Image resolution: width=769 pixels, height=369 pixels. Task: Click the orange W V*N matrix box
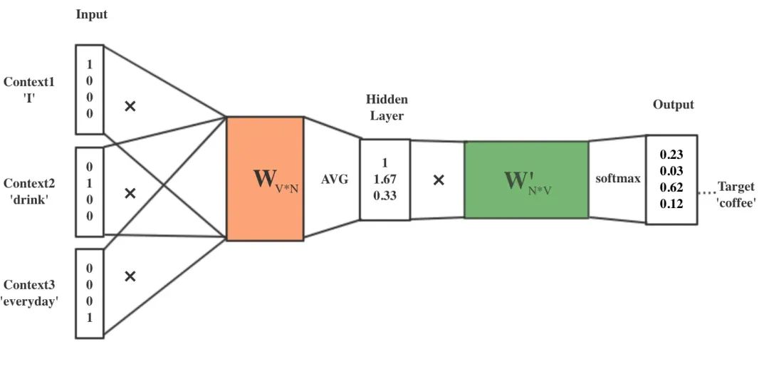(x=265, y=178)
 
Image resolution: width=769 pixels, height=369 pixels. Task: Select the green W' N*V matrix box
(x=526, y=180)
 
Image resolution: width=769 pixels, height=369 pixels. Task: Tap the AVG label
(x=335, y=180)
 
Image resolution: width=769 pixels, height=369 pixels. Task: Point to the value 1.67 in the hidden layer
(x=384, y=179)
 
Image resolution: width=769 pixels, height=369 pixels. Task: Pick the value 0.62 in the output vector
(x=671, y=187)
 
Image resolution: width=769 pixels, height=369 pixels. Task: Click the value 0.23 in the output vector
(x=671, y=154)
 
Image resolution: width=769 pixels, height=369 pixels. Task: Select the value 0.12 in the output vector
(x=671, y=204)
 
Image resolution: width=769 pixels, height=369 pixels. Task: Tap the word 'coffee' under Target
(x=736, y=202)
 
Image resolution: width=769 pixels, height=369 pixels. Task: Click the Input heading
(x=92, y=14)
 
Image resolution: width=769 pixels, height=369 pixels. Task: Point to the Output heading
(x=673, y=105)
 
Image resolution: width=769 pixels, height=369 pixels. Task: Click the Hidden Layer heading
(x=387, y=107)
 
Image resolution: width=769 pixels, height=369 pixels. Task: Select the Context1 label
(x=29, y=81)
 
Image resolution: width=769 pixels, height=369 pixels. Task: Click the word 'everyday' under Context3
(x=29, y=301)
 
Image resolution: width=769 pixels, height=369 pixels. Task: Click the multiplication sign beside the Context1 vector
(x=130, y=106)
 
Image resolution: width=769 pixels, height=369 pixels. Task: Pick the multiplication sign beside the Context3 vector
(x=130, y=276)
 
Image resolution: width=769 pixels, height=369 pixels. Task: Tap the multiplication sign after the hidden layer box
(x=439, y=180)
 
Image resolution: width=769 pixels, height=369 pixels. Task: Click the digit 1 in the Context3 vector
(x=90, y=318)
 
